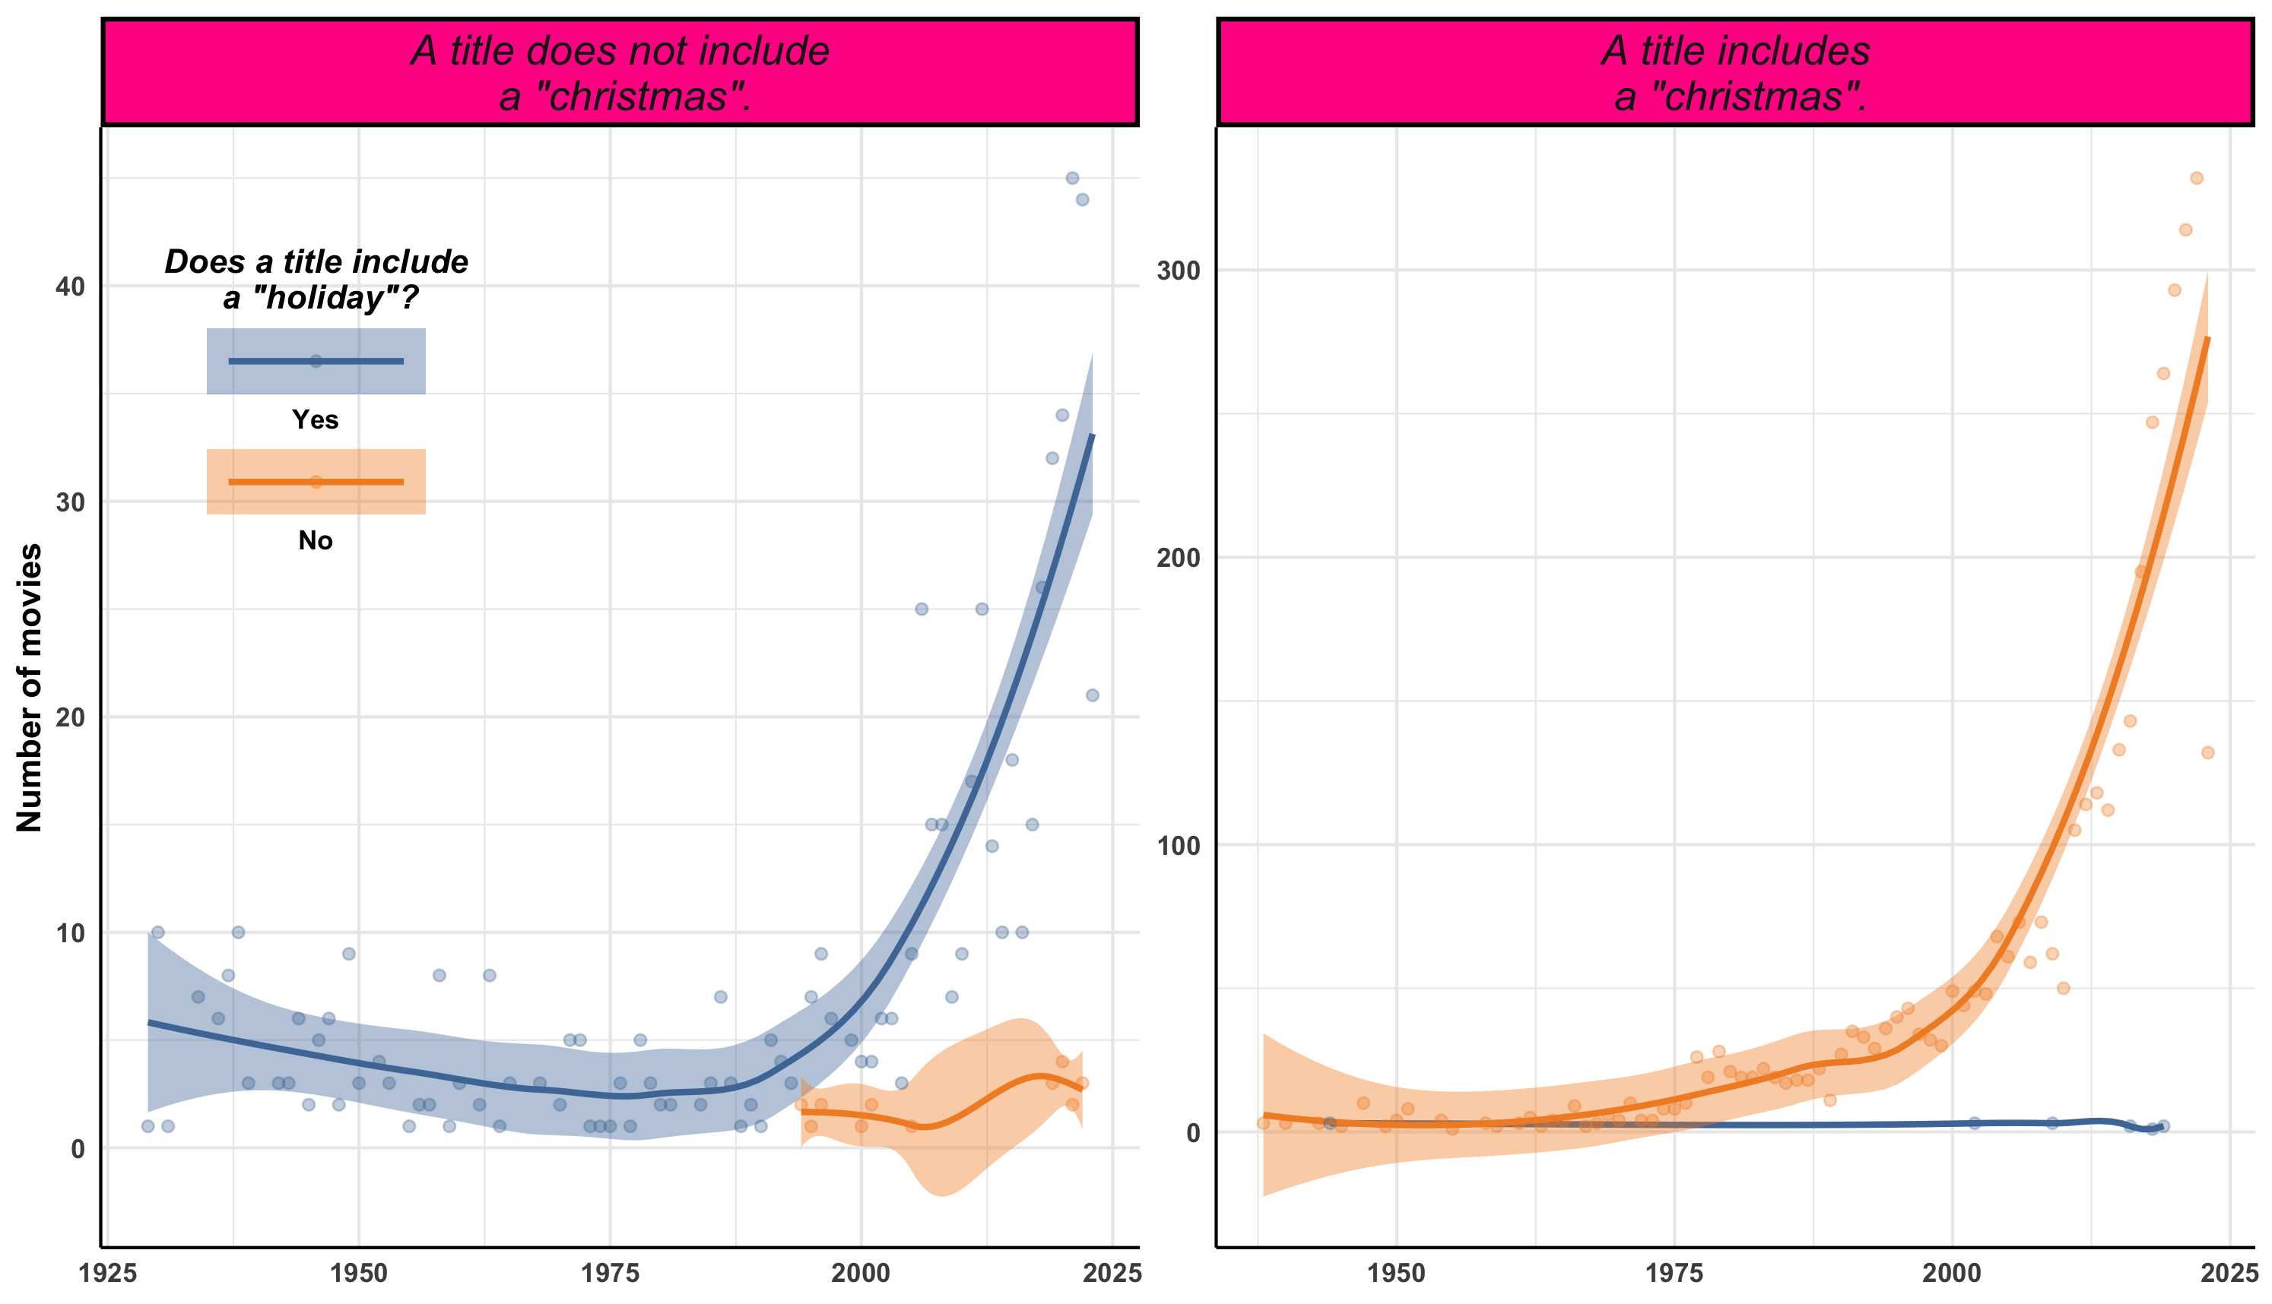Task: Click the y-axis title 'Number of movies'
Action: point(30,687)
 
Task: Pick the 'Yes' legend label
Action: point(316,420)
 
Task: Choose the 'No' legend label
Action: point(316,541)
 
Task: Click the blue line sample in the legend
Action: point(316,361)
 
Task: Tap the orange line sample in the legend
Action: point(316,482)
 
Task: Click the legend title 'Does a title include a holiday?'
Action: point(316,280)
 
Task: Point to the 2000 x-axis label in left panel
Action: point(861,1274)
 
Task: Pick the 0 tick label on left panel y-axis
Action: point(78,1148)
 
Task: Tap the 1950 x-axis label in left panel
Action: point(358,1274)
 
